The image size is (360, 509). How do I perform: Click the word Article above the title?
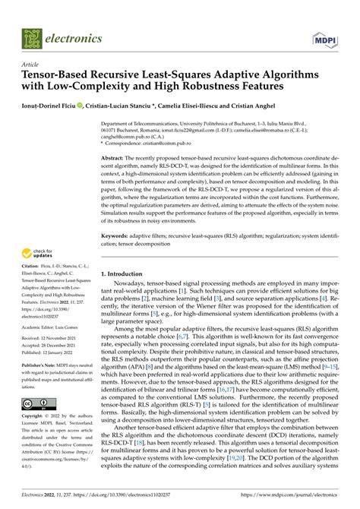31,65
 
